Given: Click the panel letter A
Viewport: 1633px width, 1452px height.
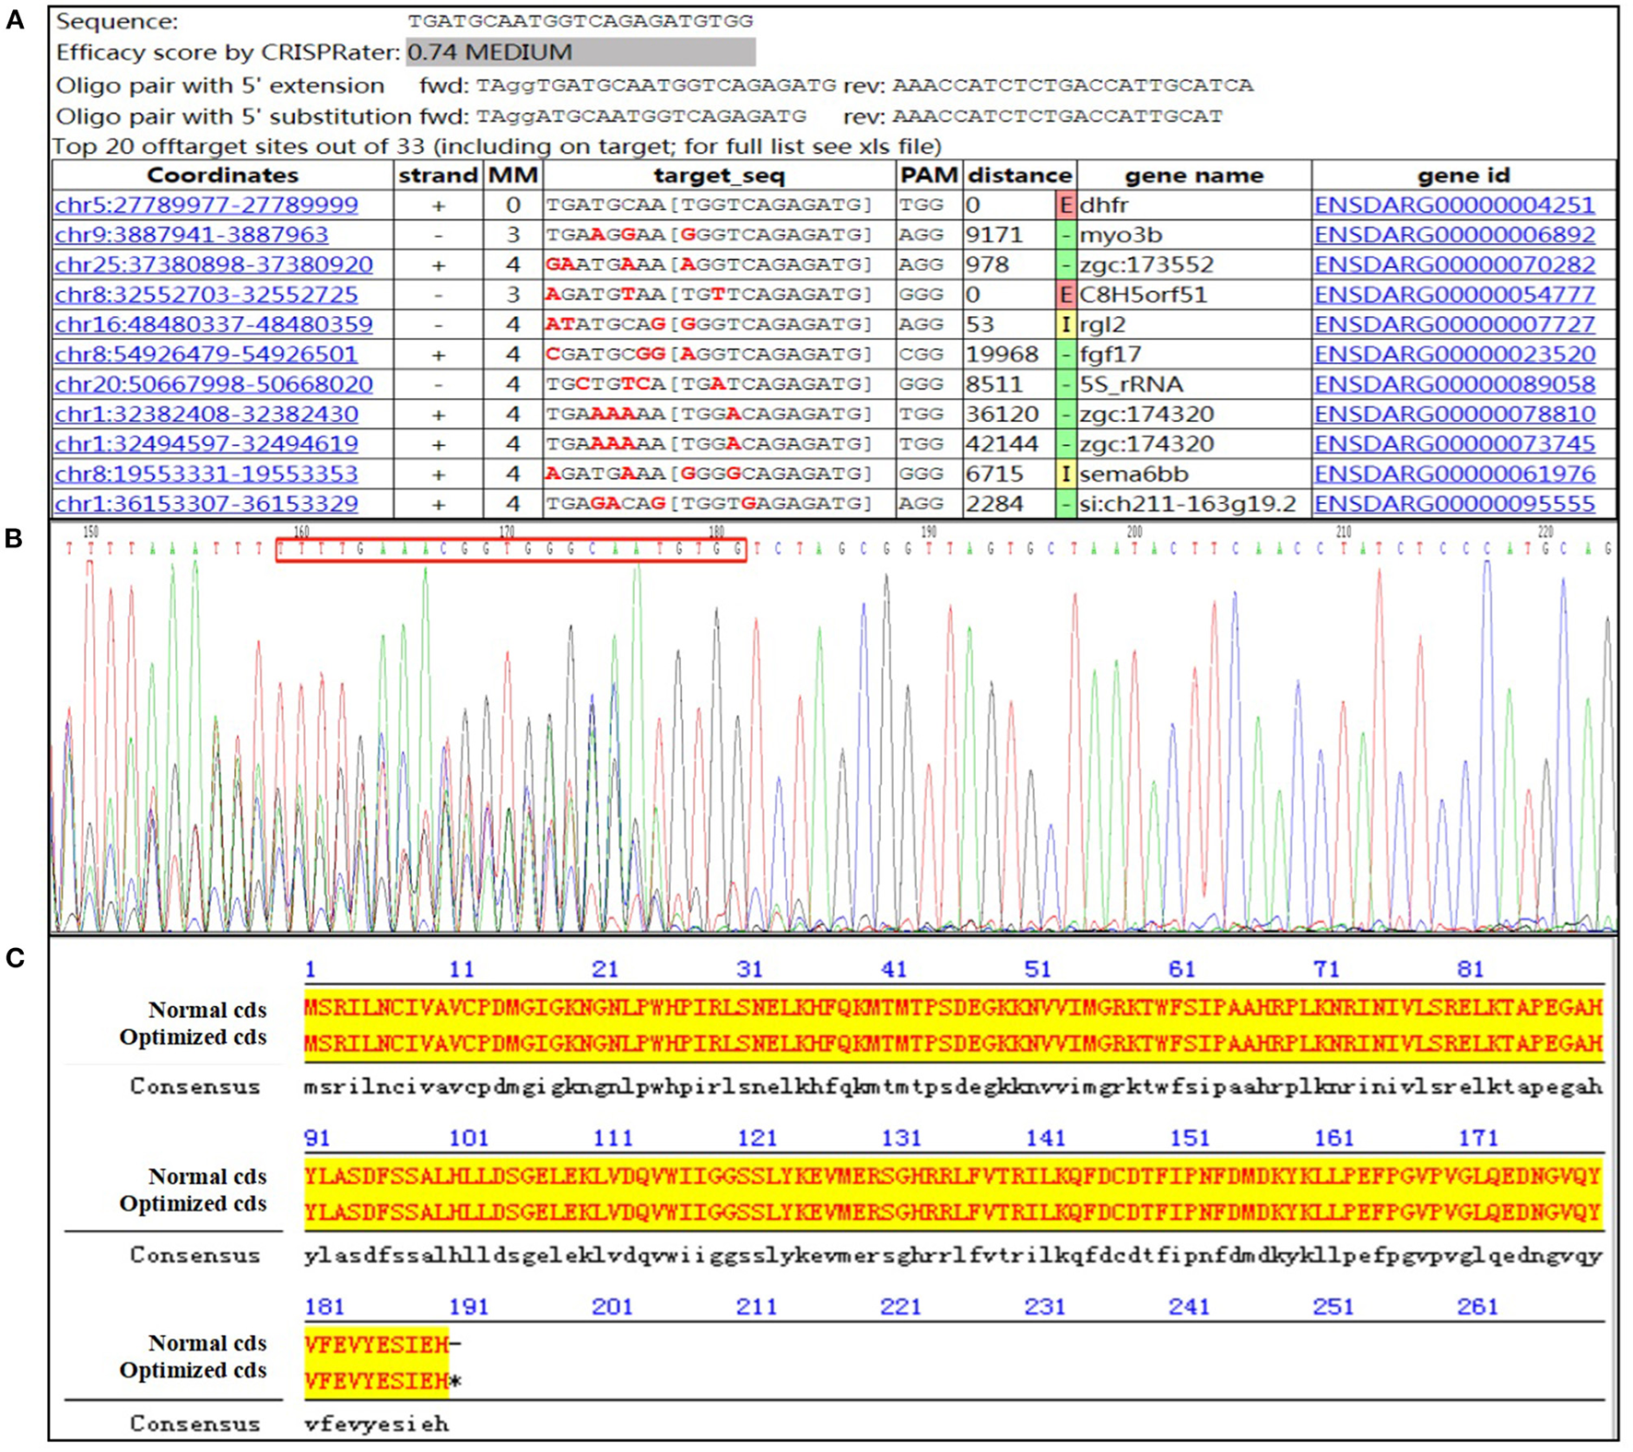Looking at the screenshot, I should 16,19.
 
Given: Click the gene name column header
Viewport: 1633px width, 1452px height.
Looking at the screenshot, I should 1193,175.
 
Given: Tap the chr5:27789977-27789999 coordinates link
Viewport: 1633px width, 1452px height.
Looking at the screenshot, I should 206,205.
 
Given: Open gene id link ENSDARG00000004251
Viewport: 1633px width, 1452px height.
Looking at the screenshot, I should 1453,205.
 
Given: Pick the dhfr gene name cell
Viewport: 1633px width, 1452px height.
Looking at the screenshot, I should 1104,205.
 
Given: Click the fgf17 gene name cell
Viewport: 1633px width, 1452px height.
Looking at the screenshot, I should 1110,355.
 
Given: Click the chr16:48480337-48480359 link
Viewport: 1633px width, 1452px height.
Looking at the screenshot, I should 214,324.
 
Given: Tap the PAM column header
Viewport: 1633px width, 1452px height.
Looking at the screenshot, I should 928,175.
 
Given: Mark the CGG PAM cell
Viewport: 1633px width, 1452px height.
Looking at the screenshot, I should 921,355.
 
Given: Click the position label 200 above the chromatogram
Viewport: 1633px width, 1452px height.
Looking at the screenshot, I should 1134,532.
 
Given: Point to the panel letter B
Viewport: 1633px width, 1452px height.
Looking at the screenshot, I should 14,539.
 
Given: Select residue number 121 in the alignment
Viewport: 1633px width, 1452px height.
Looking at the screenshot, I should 757,1139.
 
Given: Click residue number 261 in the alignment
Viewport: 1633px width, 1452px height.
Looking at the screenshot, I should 1477,1307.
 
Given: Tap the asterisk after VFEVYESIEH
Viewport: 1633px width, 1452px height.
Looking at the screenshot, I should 455,1383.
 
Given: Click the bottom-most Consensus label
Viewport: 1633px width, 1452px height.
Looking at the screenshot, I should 195,1424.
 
